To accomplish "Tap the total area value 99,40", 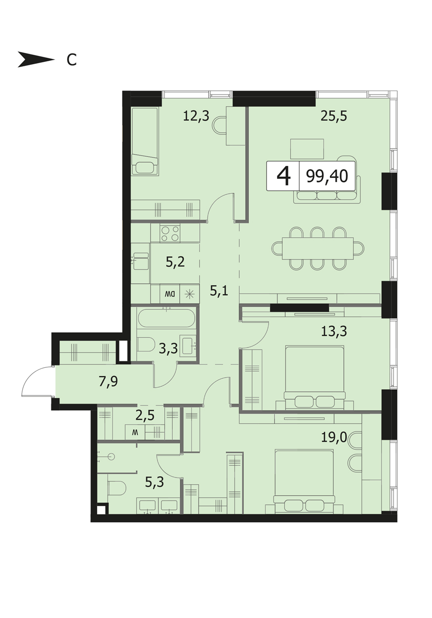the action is coord(327,176).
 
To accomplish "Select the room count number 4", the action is coord(284,176).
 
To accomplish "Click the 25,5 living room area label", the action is coord(334,116).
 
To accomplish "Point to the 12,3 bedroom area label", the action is coord(196,116).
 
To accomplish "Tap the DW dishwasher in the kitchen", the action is coord(170,294).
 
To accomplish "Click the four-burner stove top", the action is coord(170,234).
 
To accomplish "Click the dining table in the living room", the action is coord(317,248).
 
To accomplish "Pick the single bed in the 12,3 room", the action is coord(145,141).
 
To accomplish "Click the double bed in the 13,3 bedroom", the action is coord(315,377).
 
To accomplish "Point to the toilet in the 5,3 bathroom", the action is coord(117,488).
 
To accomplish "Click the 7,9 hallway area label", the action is coord(109,382).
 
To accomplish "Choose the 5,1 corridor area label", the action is coord(219,291).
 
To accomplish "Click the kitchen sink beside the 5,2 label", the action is coord(141,261).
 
